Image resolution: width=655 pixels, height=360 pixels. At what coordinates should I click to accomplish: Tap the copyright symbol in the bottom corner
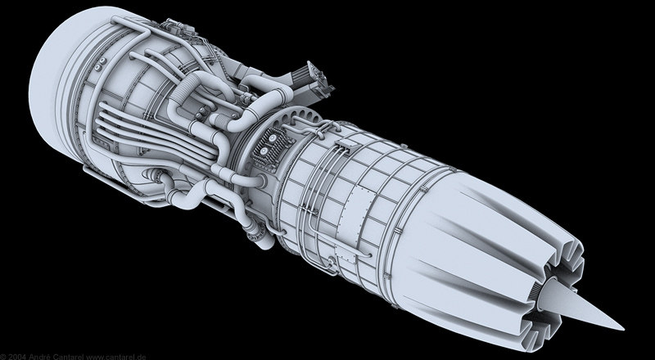click(x=3, y=356)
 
